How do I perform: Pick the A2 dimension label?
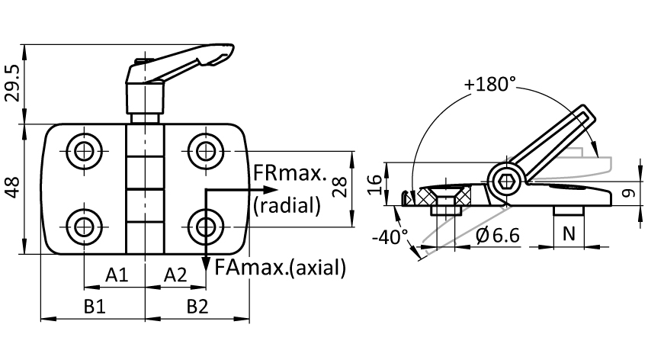[x=175, y=274]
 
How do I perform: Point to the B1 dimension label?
[x=94, y=307]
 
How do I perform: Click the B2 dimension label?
[x=197, y=307]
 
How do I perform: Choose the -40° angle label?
[x=389, y=236]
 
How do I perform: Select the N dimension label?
[x=568, y=234]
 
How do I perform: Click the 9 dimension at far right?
[x=630, y=194]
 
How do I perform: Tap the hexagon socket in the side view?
[x=507, y=180]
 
